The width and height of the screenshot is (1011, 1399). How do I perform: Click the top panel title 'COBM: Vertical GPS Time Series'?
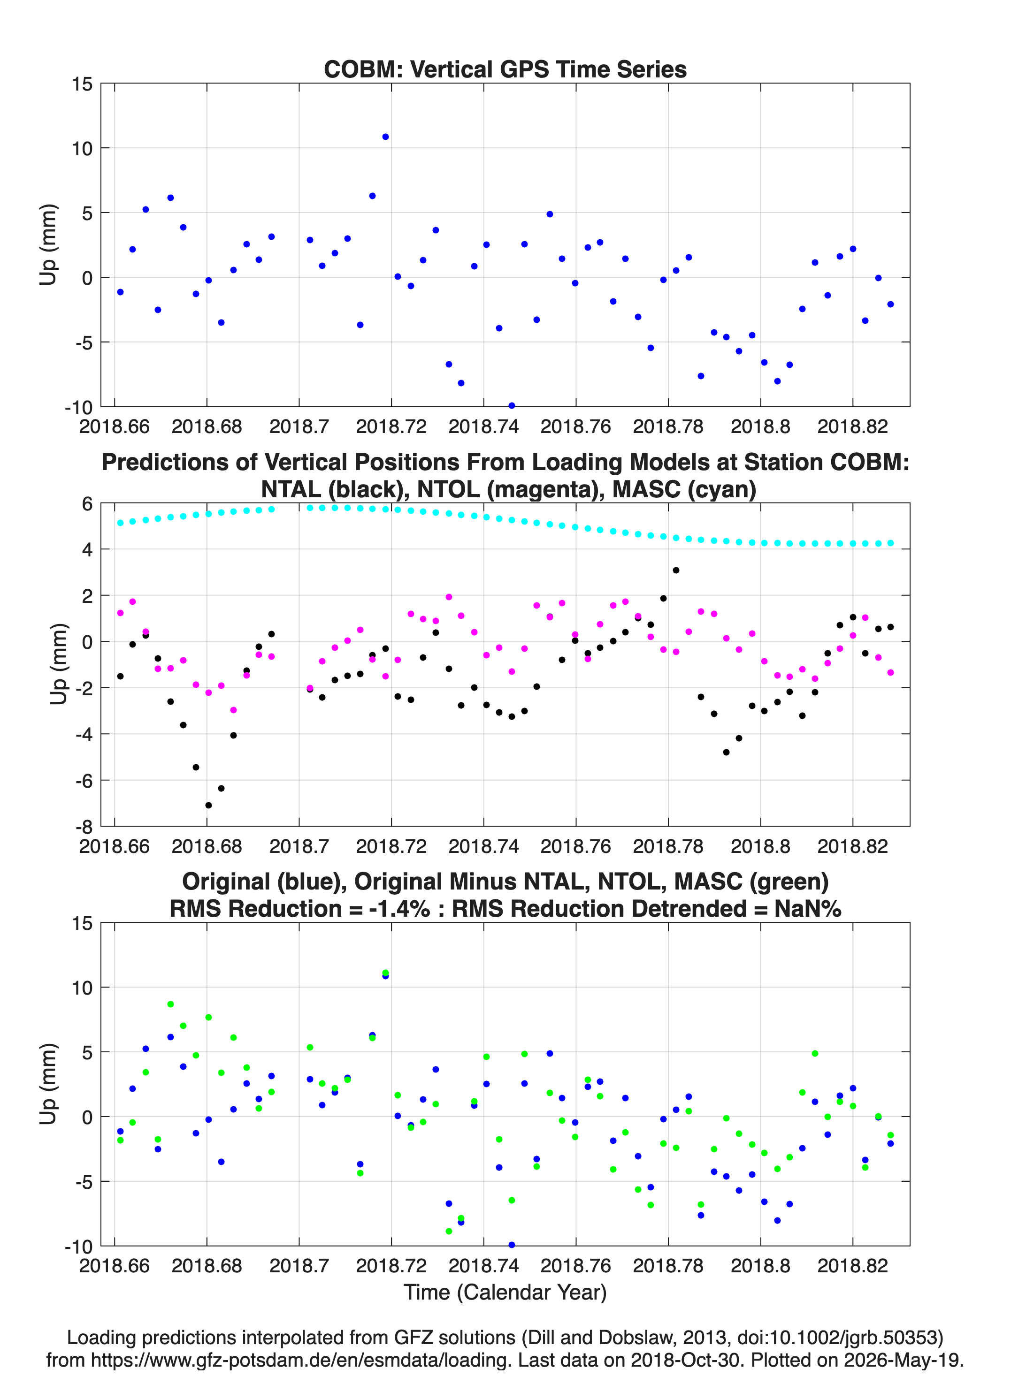pos(505,69)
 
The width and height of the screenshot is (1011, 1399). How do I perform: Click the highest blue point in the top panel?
pos(385,137)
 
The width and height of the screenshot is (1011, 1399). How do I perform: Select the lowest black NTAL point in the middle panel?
pos(208,805)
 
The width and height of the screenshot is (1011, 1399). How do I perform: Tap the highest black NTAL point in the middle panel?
pos(676,570)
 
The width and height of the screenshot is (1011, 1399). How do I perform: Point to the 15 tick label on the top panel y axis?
pos(82,84)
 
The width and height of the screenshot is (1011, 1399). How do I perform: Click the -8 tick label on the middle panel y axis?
pos(83,827)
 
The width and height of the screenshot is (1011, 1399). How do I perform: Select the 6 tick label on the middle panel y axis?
pos(87,504)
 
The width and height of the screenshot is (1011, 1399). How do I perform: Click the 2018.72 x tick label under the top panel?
pos(391,426)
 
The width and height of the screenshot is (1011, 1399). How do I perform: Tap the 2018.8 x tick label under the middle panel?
pos(760,846)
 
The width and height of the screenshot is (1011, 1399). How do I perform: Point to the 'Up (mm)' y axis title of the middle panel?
pos(59,664)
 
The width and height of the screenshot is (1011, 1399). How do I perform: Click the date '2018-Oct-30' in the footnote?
pos(684,1360)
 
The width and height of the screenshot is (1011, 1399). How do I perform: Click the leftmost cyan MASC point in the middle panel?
pos(120,523)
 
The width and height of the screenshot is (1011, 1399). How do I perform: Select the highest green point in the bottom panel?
pos(385,973)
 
